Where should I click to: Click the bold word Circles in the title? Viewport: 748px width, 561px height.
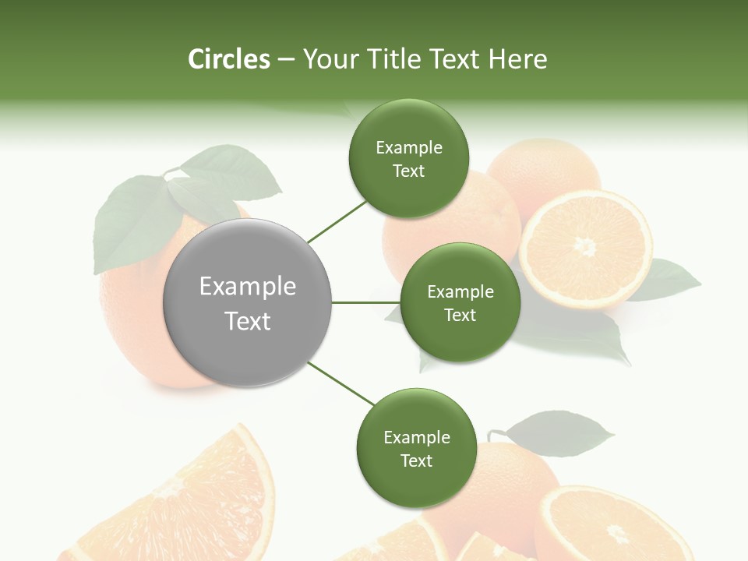(228, 59)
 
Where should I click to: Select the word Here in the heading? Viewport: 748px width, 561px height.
(518, 59)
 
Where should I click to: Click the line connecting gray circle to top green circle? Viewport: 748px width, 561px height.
(337, 221)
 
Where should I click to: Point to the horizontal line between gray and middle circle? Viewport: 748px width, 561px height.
(366, 302)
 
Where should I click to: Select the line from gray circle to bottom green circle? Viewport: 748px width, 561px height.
(341, 383)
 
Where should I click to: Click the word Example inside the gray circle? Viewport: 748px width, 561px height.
(247, 287)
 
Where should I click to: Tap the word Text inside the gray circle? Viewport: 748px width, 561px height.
(247, 321)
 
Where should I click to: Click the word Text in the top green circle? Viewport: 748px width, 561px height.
(408, 171)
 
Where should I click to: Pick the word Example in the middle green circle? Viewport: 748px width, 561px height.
(460, 292)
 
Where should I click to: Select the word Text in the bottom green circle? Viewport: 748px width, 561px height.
(416, 460)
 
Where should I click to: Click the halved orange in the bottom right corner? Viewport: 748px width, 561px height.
(616, 526)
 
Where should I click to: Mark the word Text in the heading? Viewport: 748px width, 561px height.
(454, 59)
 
